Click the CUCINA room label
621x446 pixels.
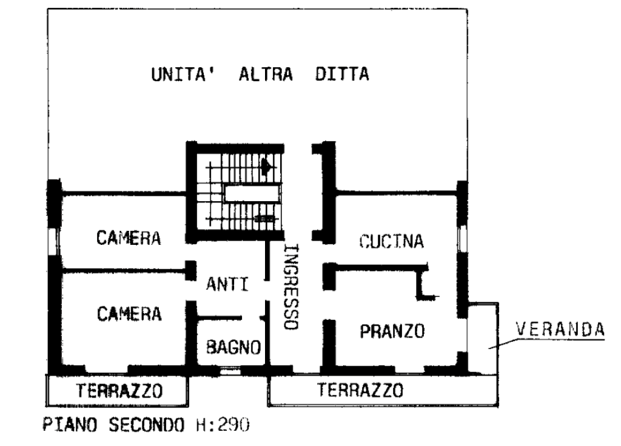coord(391,241)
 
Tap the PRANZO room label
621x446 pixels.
coord(392,331)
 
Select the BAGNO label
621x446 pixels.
coord(233,347)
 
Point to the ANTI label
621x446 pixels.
coord(227,284)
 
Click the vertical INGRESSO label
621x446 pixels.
coord(291,287)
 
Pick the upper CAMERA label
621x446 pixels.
coord(129,238)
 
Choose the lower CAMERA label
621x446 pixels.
coord(129,314)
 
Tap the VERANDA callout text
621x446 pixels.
coord(560,329)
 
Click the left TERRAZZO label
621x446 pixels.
coord(119,391)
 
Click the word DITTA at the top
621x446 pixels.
coord(342,75)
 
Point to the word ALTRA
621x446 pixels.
coord(266,75)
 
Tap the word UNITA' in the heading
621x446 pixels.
coord(184,75)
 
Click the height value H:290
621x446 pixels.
coord(223,425)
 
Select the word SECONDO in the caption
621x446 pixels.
coord(147,425)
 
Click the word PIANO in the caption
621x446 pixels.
coord(70,425)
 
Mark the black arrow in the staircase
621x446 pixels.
coord(267,166)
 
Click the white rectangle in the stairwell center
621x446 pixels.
coord(252,194)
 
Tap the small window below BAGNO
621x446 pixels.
coord(230,371)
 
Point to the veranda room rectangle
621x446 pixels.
coord(482,339)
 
